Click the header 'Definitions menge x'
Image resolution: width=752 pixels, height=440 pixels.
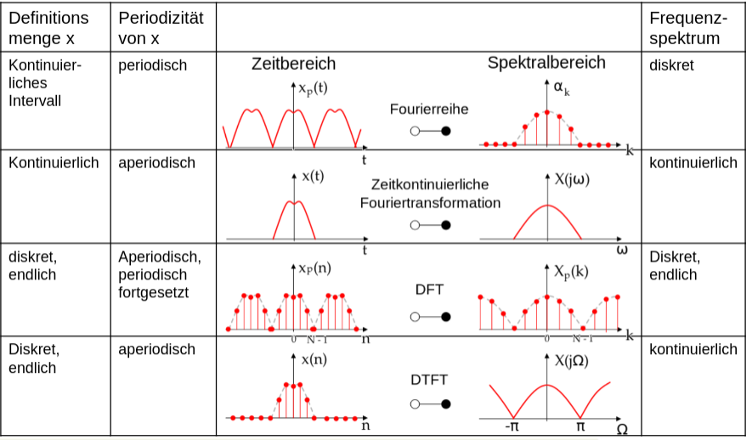click(48, 28)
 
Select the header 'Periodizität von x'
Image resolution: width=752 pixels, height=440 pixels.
click(161, 28)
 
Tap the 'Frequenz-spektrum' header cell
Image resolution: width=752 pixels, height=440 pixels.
click(685, 28)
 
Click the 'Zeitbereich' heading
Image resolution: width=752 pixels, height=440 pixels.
click(293, 64)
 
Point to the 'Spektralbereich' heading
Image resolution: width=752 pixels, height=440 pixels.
click(546, 63)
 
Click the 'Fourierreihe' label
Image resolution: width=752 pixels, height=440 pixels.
click(429, 109)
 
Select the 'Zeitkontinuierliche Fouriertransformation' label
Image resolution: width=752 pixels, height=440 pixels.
click(430, 193)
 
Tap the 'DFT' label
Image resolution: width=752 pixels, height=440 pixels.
click(429, 290)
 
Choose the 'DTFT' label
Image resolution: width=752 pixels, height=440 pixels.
click(429, 380)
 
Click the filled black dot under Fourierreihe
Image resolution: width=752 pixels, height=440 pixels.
click(445, 132)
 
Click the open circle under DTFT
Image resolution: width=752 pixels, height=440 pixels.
click(414, 405)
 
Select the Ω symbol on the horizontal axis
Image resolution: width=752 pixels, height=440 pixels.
click(623, 429)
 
